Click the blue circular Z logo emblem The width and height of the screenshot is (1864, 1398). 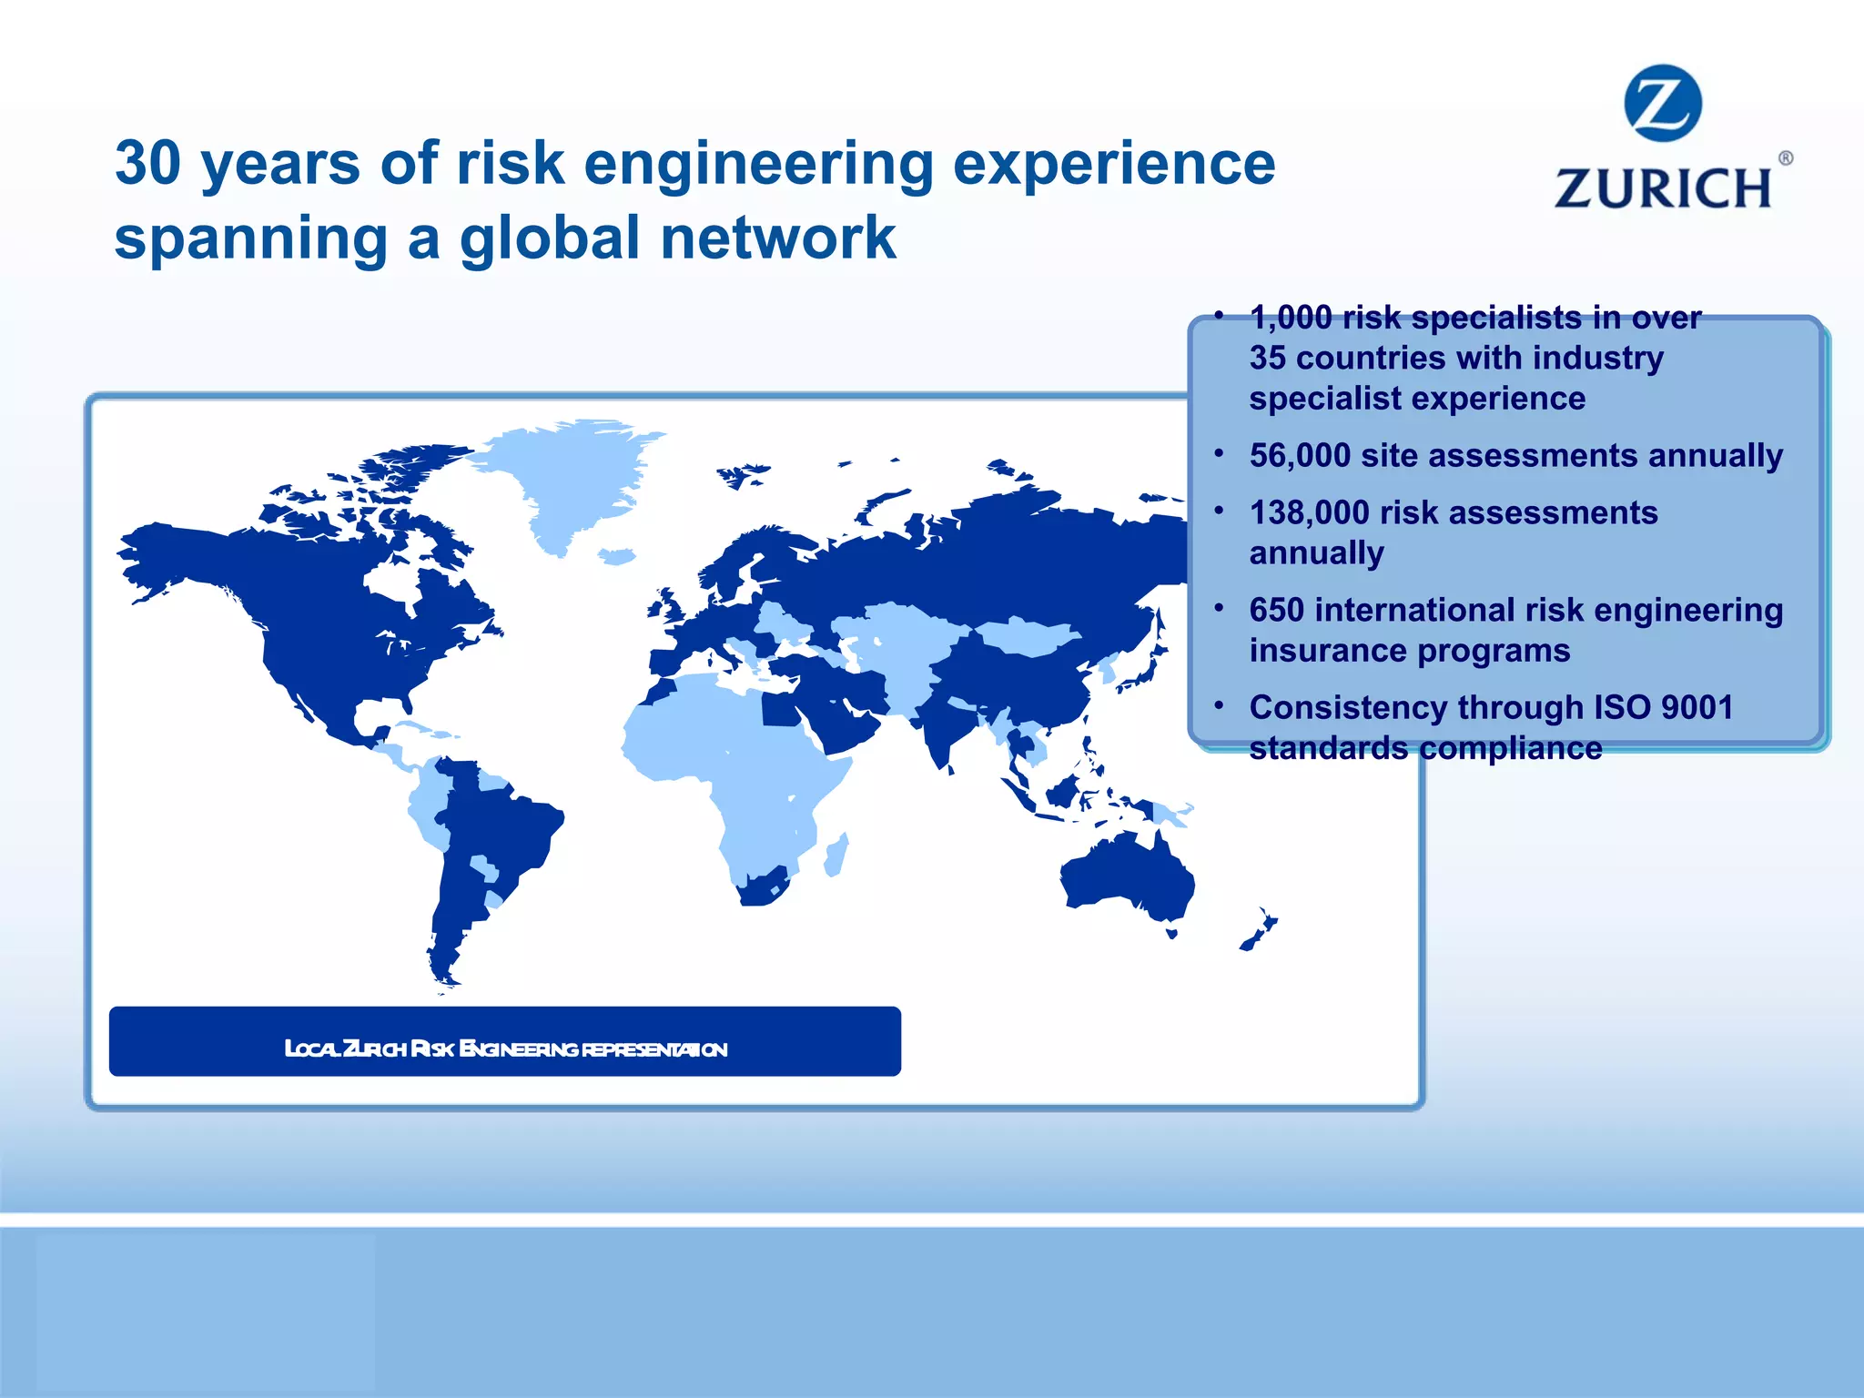[1662, 103]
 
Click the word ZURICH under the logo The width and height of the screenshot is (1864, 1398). [1663, 188]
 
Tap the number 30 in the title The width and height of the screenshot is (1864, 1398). [148, 164]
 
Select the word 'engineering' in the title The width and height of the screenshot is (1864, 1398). [758, 166]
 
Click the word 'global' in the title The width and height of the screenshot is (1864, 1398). [550, 238]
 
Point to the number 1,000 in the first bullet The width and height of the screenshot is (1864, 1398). [1291, 318]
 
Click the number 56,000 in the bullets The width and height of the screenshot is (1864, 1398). [1300, 455]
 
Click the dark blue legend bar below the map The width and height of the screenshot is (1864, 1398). [504, 1041]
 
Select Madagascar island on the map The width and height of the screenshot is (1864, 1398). [836, 855]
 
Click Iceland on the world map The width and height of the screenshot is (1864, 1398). [616, 555]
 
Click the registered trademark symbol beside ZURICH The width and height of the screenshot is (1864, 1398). [1785, 158]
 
